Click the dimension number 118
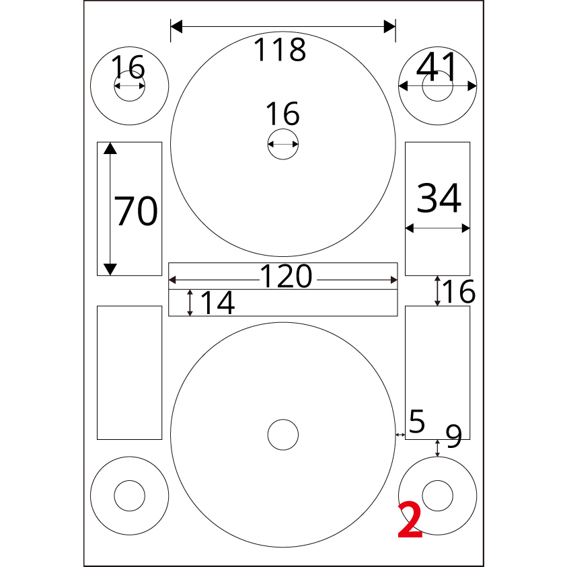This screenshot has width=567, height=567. click(280, 50)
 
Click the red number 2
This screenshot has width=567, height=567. click(410, 519)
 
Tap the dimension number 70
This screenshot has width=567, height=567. click(136, 211)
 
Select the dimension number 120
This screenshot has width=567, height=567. click(286, 276)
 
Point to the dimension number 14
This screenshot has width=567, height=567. click(217, 303)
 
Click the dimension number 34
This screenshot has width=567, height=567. click(439, 198)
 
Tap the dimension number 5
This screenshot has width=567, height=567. click(417, 421)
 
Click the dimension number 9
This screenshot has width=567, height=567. click(453, 436)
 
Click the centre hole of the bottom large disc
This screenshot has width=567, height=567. click(283, 434)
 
